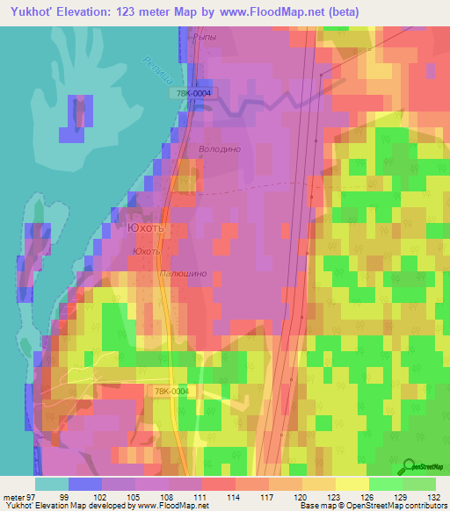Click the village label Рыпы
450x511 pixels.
[203, 37]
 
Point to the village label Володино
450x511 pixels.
[219, 149]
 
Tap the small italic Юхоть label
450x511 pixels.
[146, 251]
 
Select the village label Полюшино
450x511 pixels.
[184, 274]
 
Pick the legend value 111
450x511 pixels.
[200, 496]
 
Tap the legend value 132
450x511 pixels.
[434, 496]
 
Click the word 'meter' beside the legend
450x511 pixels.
[13, 496]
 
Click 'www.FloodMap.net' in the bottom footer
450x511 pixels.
[166, 506]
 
